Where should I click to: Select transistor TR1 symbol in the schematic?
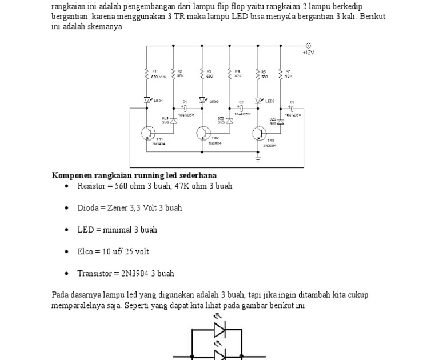click(x=148, y=133)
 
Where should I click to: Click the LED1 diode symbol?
click(x=147, y=100)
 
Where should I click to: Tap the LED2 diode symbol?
click(x=203, y=100)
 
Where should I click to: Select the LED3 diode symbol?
click(x=258, y=100)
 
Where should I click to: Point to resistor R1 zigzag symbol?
click(x=147, y=73)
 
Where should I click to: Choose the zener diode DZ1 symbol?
click(x=174, y=120)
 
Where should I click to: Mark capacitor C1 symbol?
click(x=184, y=107)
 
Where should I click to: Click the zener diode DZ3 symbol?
click(x=281, y=121)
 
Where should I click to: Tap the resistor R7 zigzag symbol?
click(x=281, y=73)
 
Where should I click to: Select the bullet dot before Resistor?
click(x=67, y=186)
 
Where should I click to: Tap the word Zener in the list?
click(x=118, y=208)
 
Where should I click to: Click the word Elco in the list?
click(x=85, y=251)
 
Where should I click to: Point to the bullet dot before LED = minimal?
click(x=67, y=230)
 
